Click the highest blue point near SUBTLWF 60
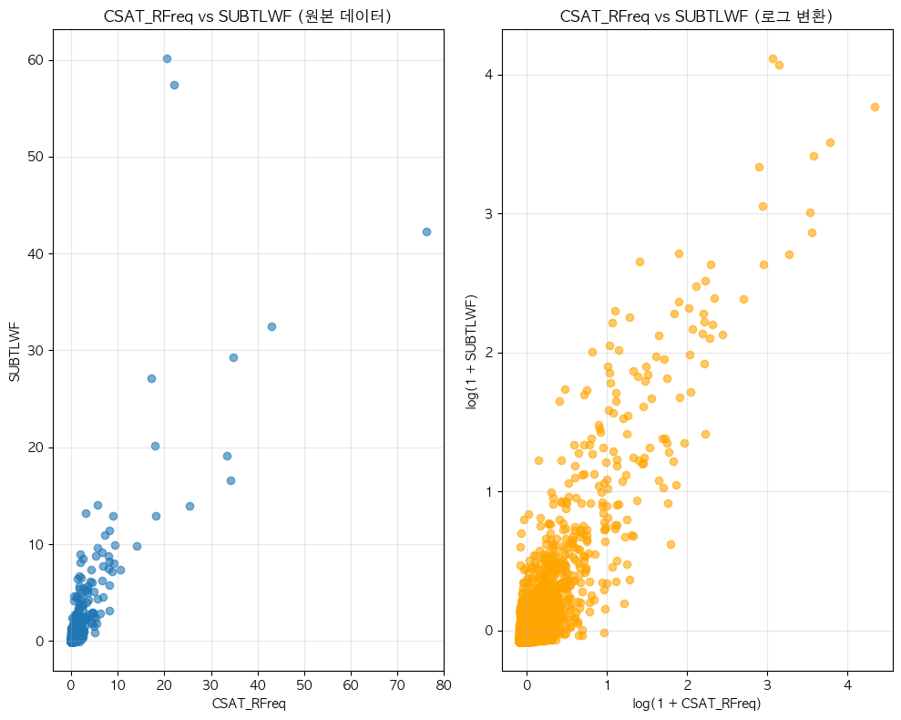pyautogui.click(x=167, y=58)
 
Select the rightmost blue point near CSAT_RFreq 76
pyautogui.click(x=426, y=231)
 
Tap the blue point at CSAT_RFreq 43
pyautogui.click(x=271, y=326)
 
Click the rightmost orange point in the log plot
pyautogui.click(x=875, y=107)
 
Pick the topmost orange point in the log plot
pyautogui.click(x=773, y=58)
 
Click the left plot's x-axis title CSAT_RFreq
pyautogui.click(x=249, y=703)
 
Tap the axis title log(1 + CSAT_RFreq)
pyautogui.click(x=697, y=703)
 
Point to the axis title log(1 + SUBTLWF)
pyautogui.click(x=471, y=351)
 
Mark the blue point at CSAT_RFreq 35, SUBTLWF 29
pyautogui.click(x=233, y=357)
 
